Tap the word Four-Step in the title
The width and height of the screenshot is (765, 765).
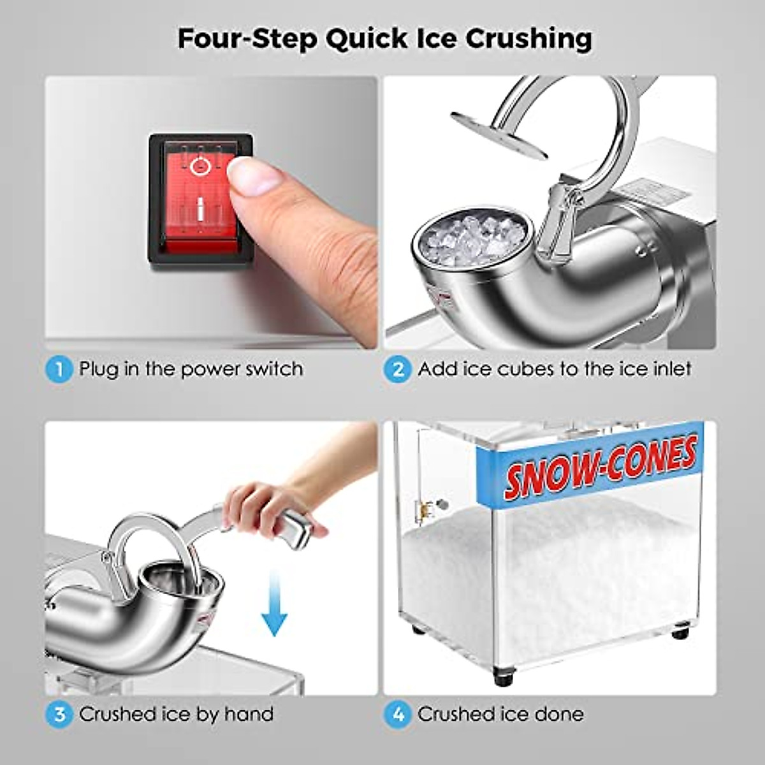pyautogui.click(x=247, y=39)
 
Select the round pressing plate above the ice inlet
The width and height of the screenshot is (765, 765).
pyautogui.click(x=499, y=135)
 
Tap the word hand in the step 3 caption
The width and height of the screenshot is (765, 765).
pyautogui.click(x=249, y=714)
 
